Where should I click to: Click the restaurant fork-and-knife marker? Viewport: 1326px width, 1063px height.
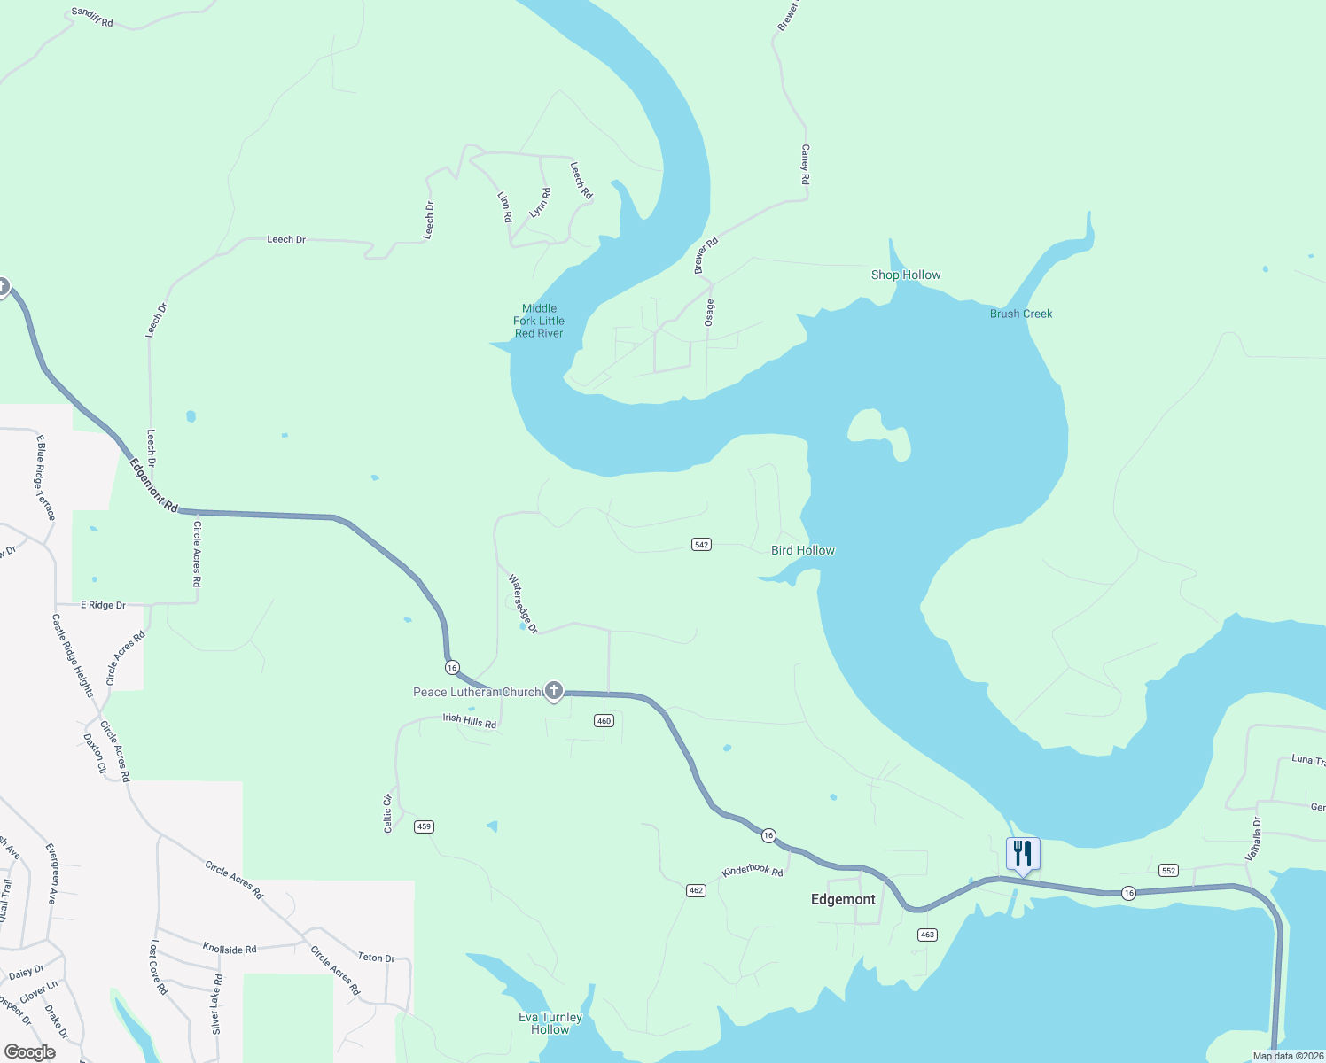tap(1023, 854)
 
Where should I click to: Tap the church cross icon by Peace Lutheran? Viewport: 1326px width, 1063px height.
tap(554, 691)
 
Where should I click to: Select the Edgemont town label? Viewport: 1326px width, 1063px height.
tap(843, 899)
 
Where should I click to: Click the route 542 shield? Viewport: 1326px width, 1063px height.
tap(701, 545)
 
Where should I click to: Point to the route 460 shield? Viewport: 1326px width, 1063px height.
tap(604, 721)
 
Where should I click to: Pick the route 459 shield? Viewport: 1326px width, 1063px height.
tap(424, 826)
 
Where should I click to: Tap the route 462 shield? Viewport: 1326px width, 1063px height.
tap(696, 890)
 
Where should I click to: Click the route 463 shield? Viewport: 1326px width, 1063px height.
tap(927, 935)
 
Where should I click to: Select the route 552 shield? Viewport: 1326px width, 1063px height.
tap(1168, 871)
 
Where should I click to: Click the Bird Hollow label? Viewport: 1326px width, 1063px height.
tap(803, 550)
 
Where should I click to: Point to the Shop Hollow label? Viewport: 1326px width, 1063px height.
tap(906, 275)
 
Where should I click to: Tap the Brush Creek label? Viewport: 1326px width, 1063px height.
tap(1021, 314)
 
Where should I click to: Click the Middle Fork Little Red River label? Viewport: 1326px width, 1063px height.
tap(539, 321)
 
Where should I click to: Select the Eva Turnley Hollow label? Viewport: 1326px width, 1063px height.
tap(550, 1023)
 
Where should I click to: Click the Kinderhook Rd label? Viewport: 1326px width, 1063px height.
tap(753, 871)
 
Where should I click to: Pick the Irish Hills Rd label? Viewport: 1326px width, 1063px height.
tap(470, 720)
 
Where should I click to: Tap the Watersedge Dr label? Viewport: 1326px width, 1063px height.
tap(523, 603)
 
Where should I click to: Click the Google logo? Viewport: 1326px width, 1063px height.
tap(30, 1052)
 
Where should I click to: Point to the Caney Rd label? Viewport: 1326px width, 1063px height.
tap(805, 165)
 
